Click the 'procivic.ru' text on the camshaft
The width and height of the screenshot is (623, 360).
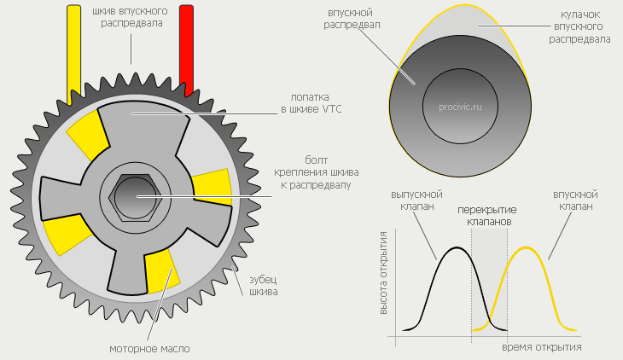[x=460, y=108]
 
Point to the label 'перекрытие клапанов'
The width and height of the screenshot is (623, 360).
[x=484, y=214]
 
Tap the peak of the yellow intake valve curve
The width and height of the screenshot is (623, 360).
[x=526, y=247]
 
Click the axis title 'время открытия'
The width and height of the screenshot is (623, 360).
[x=542, y=347]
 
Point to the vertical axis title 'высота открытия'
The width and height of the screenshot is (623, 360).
[x=384, y=272]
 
